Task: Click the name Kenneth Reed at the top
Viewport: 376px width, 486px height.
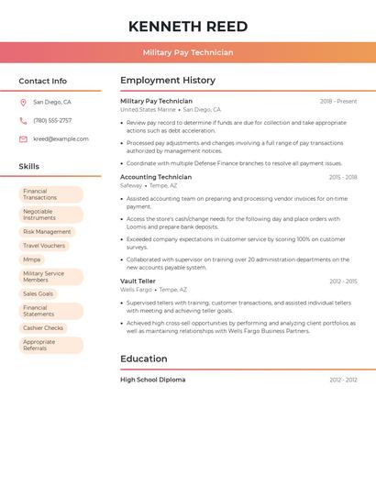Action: click(188, 26)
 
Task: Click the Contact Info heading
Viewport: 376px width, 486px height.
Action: click(42, 81)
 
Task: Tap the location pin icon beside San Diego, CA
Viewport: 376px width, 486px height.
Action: click(23, 103)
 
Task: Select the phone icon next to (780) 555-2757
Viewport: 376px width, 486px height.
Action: click(23, 121)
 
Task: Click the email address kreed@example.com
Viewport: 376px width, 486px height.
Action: click(61, 139)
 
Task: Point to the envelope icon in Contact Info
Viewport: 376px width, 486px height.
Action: click(23, 139)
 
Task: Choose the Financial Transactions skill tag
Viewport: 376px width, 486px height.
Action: click(50, 194)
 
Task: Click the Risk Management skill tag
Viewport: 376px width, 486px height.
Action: click(47, 232)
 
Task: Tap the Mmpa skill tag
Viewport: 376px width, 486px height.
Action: click(32, 260)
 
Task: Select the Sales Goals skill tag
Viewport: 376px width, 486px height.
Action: click(39, 293)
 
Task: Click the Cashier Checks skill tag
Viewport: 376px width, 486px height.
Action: click(43, 327)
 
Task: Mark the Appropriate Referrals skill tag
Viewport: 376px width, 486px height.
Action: click(50, 345)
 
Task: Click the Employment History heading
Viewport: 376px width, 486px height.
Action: click(168, 81)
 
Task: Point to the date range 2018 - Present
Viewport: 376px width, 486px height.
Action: click(338, 102)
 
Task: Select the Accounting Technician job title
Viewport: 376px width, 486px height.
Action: click(156, 177)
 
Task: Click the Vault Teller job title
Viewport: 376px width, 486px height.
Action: click(138, 282)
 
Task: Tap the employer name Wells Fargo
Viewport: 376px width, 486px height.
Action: click(136, 290)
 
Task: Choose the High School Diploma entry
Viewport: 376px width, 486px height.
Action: click(152, 380)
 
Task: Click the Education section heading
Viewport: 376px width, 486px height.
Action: click(143, 359)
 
